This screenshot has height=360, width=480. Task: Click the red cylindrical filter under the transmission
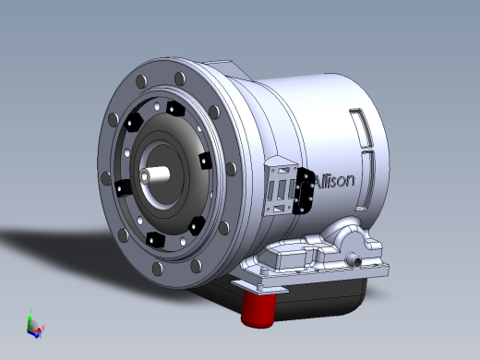coord(258,308)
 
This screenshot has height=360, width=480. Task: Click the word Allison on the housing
coord(334,181)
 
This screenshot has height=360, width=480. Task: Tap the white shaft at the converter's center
coord(154,174)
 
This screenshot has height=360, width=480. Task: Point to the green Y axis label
coord(30,310)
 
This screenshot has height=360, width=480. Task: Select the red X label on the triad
coord(43,328)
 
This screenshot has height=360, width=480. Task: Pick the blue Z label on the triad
coord(41,335)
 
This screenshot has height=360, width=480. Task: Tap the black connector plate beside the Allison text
coord(303,191)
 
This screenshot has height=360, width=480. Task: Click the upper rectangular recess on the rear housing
coord(363,127)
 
